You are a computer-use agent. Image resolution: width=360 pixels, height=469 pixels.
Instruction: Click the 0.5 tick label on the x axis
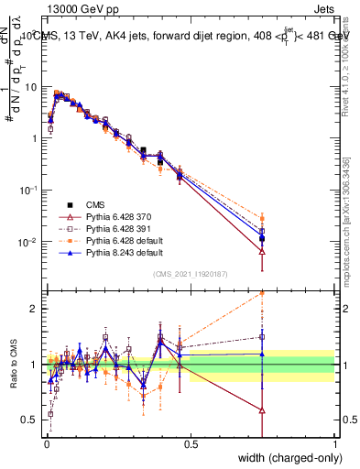click(x=190, y=443)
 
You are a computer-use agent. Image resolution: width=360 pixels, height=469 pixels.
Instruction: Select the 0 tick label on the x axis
click(x=46, y=443)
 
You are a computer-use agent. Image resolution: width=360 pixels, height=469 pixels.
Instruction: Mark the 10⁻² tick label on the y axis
click(x=30, y=242)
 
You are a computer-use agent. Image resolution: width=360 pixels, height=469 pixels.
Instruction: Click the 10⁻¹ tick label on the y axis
click(x=30, y=190)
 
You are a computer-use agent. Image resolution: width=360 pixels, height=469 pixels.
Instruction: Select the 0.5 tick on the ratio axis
click(x=33, y=420)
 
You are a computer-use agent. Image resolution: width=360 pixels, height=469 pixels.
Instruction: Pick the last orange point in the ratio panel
click(x=263, y=293)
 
